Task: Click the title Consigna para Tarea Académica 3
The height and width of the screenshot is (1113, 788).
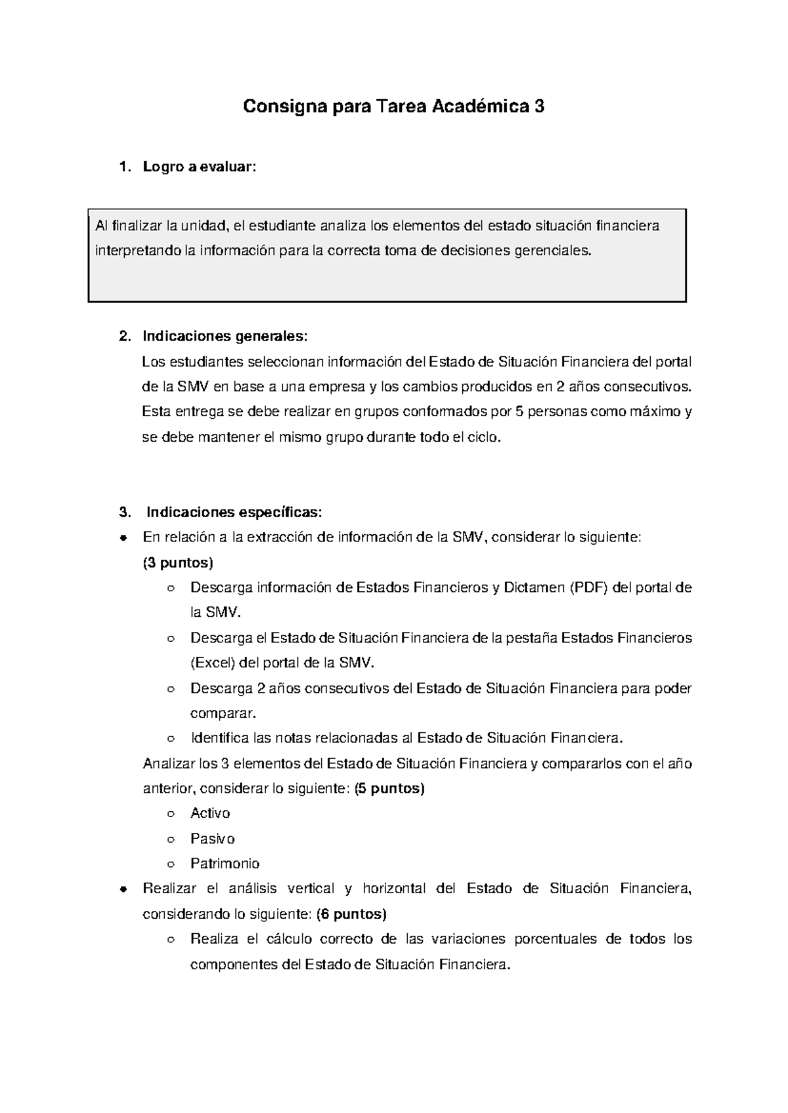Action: (x=394, y=107)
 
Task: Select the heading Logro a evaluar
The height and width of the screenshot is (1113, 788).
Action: (x=198, y=167)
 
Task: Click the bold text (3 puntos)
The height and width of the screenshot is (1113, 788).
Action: (x=178, y=562)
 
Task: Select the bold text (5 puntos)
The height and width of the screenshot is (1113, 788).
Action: (x=389, y=788)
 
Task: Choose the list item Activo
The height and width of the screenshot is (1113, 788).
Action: (x=210, y=813)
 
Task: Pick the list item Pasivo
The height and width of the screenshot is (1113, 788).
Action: (x=212, y=839)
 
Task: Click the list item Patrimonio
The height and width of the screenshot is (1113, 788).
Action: (x=225, y=864)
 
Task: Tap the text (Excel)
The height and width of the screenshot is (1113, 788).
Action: (x=212, y=663)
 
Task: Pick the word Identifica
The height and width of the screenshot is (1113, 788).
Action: (x=219, y=738)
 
